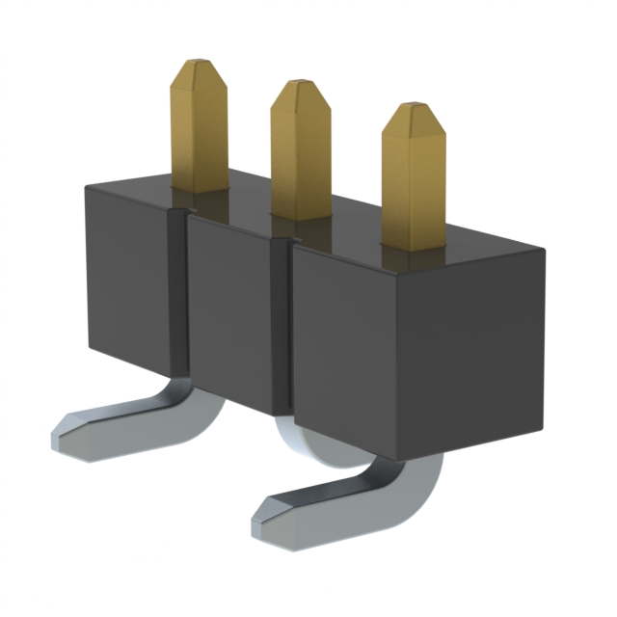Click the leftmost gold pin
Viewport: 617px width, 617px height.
[x=200, y=130]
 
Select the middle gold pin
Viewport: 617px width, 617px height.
[x=300, y=154]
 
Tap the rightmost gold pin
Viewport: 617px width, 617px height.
[x=414, y=183]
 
